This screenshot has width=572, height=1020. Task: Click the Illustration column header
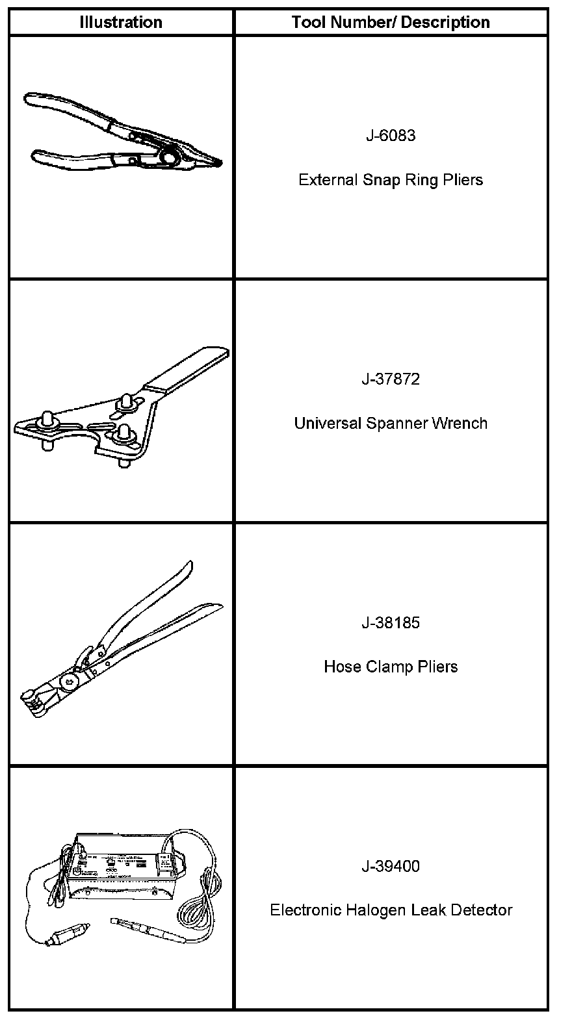point(121,22)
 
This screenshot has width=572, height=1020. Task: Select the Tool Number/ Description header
point(391,22)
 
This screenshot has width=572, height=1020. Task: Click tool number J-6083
point(391,135)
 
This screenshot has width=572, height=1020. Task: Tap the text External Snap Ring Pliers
point(391,179)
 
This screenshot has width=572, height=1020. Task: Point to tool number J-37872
point(391,379)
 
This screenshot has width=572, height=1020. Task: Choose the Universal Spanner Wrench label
point(391,423)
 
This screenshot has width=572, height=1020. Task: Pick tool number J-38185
point(391,622)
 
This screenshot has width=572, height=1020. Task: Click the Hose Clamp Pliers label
point(391,667)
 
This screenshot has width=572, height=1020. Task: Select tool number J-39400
point(391,866)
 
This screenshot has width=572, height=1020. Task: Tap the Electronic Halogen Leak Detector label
point(391,910)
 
